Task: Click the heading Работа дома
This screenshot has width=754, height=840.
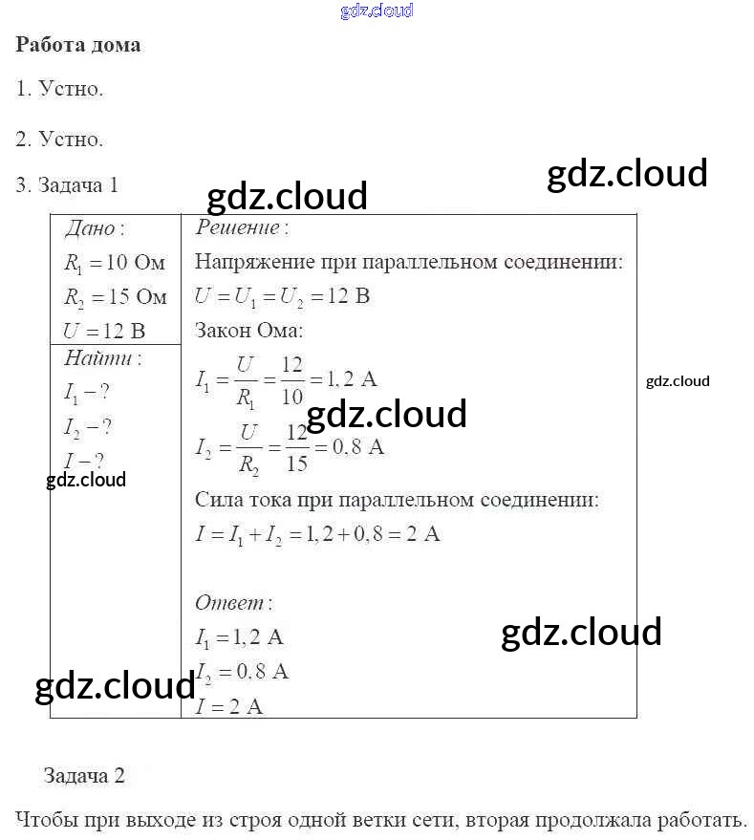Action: pyautogui.click(x=78, y=45)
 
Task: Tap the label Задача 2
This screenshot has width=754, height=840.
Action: pyautogui.click(x=84, y=776)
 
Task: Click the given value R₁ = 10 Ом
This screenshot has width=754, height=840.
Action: pyautogui.click(x=115, y=263)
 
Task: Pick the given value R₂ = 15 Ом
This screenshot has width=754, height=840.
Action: pyautogui.click(x=115, y=297)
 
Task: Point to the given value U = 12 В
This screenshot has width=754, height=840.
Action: pyautogui.click(x=104, y=332)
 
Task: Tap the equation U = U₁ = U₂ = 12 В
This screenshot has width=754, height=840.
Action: pyautogui.click(x=282, y=296)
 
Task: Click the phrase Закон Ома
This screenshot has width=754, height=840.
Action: pyautogui.click(x=248, y=331)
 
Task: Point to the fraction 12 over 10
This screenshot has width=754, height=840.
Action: pyautogui.click(x=292, y=380)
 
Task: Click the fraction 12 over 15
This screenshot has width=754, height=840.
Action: pyautogui.click(x=297, y=447)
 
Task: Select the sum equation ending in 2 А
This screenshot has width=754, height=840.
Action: pyautogui.click(x=317, y=534)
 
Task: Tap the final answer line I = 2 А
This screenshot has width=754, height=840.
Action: pyautogui.click(x=229, y=707)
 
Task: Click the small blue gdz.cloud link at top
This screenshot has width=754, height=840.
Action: pyautogui.click(x=377, y=11)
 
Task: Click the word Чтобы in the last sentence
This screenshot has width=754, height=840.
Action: pyautogui.click(x=48, y=820)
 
